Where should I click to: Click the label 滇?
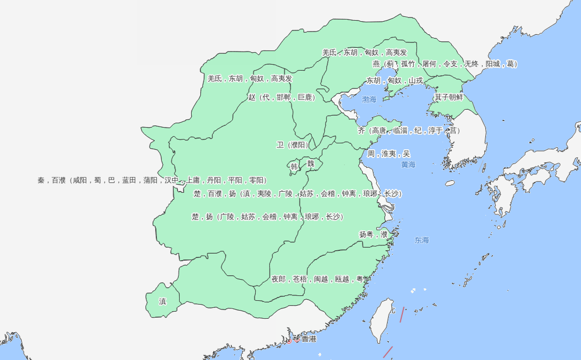pyautogui.click(x=162, y=301)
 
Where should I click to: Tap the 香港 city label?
pyautogui.click(x=308, y=339)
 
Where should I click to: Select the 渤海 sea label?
pyautogui.click(x=369, y=99)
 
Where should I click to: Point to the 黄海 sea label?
pyautogui.click(x=408, y=165)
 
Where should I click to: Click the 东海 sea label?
pyautogui.click(x=422, y=240)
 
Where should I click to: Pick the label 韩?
pyautogui.click(x=294, y=166)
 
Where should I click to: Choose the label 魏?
pyautogui.click(x=311, y=163)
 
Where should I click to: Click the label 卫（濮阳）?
pyautogui.click(x=293, y=145)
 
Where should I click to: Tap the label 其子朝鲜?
pyautogui.click(x=449, y=97)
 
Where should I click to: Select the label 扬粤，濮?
pyautogui.click(x=373, y=235)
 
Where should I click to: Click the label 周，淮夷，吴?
pyautogui.click(x=389, y=154)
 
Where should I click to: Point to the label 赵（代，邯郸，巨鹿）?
pyautogui.click(x=281, y=98)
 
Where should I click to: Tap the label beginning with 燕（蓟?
pyautogui.click(x=445, y=64)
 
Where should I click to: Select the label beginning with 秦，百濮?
pyautogui.click(x=152, y=180)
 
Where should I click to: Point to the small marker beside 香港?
pyautogui.click(x=297, y=339)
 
